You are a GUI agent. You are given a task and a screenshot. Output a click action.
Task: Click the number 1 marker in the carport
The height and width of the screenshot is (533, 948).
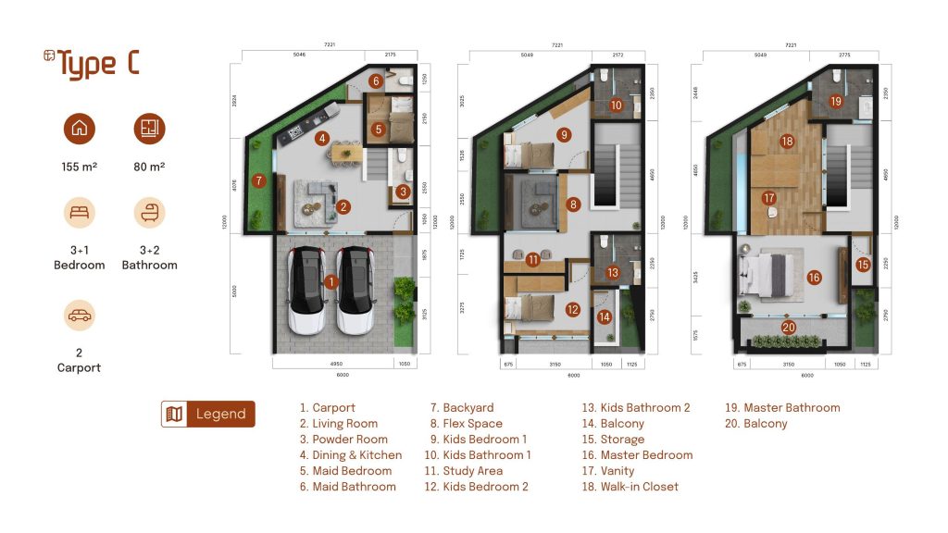(331, 280)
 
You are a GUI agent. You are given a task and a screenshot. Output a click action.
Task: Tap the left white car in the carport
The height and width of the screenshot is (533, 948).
(307, 291)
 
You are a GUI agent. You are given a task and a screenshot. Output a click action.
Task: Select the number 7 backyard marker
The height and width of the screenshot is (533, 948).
(259, 181)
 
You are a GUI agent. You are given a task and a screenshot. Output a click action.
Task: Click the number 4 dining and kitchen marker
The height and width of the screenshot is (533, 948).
(321, 139)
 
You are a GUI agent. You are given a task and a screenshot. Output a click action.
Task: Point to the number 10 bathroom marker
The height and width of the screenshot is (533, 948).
(616, 105)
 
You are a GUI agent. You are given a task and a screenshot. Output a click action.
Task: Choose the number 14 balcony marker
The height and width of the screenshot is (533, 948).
(605, 317)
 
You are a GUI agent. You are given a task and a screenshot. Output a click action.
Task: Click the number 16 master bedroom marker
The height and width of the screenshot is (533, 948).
(814, 277)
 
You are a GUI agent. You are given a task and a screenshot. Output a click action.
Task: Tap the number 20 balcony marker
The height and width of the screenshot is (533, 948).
(788, 327)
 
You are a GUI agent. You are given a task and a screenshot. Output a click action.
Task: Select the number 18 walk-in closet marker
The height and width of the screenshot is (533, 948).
(787, 142)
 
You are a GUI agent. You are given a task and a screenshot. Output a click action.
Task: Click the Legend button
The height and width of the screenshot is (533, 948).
(207, 414)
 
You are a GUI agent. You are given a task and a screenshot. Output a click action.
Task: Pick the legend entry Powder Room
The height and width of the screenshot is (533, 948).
(350, 440)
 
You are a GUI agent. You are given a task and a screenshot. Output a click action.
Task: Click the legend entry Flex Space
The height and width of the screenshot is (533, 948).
(472, 424)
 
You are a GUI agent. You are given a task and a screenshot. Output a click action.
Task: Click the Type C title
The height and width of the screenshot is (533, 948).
(92, 65)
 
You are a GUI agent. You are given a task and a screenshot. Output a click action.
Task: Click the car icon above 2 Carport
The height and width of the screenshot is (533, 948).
(80, 316)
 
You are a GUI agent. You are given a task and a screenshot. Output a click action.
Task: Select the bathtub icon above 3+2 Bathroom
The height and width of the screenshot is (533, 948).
(149, 214)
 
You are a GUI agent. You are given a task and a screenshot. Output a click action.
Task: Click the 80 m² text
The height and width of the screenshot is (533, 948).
(149, 167)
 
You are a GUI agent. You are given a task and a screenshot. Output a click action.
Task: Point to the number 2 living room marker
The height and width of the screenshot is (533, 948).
(343, 206)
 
